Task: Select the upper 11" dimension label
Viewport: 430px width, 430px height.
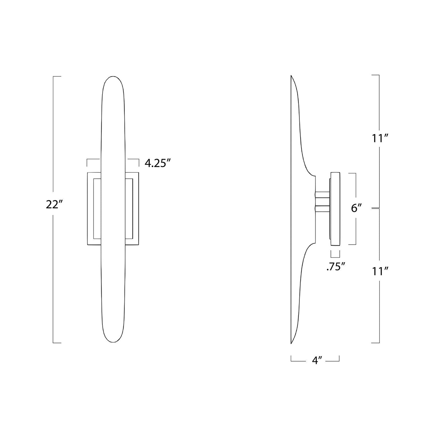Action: [380, 139]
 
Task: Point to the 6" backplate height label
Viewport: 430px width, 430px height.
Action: [356, 208]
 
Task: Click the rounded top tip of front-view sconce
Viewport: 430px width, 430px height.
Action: [113, 76]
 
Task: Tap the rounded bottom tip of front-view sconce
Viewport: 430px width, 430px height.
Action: [113, 348]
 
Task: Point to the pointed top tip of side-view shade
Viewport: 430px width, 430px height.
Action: [291, 76]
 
